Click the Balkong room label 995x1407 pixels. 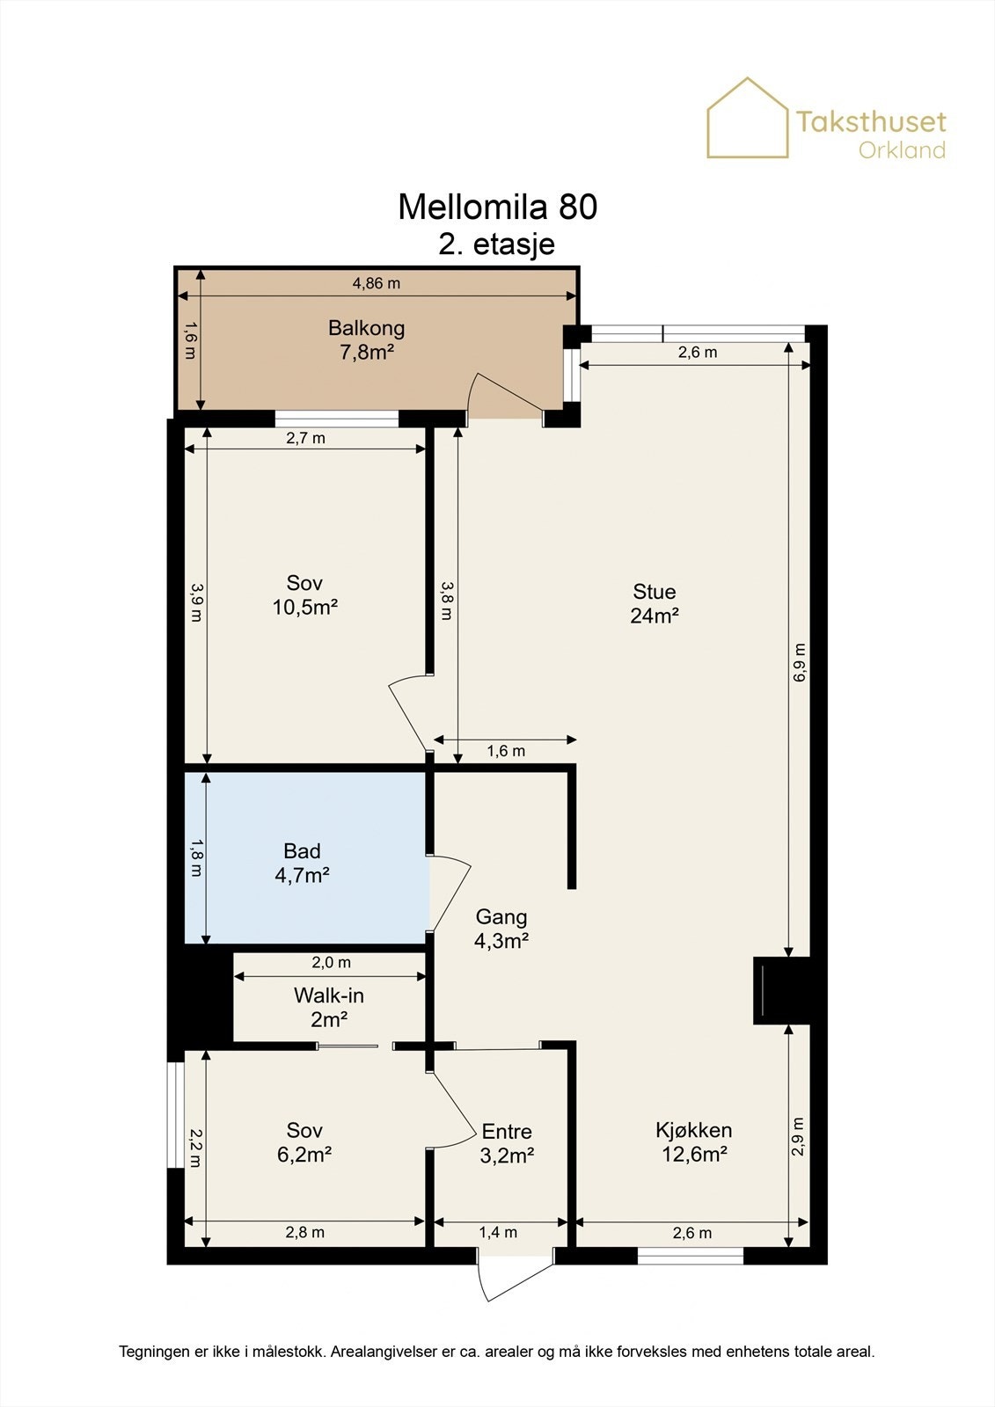367,339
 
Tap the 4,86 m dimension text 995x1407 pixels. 376,283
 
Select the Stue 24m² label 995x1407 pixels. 655,603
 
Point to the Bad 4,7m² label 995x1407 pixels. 303,863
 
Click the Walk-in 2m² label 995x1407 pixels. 329,1008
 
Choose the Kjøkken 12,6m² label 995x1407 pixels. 694,1142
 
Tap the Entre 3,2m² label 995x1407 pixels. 507,1143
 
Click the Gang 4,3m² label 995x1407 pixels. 501,929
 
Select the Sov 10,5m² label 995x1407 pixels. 305,594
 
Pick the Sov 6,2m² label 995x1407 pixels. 304,1142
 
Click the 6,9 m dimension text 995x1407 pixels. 799,663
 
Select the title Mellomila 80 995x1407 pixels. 497,207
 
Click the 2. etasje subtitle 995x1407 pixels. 496,244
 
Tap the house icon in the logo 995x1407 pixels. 748,118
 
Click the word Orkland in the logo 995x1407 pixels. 902,150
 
